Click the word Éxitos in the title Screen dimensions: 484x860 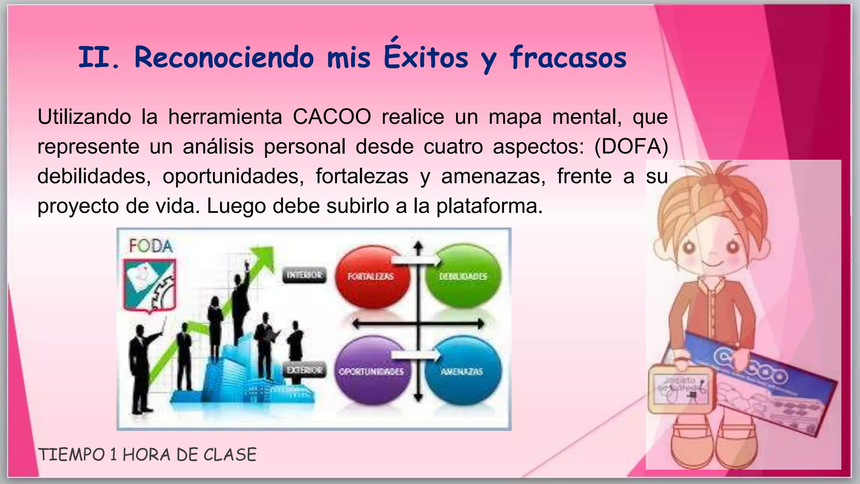(x=425, y=57)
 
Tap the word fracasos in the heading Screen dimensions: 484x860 (x=568, y=58)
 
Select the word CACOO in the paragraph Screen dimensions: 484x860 (x=332, y=116)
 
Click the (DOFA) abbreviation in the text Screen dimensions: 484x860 (x=631, y=146)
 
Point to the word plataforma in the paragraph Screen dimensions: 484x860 (x=489, y=206)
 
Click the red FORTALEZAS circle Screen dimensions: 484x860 (x=371, y=276)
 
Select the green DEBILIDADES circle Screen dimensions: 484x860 (x=463, y=276)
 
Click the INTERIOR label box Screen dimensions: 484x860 (x=304, y=275)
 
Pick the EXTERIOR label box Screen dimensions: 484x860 (x=304, y=370)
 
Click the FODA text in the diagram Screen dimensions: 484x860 (x=151, y=246)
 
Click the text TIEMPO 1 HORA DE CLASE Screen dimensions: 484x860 (x=147, y=455)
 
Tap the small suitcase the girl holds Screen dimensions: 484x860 (x=681, y=389)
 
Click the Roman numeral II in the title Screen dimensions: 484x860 (x=94, y=57)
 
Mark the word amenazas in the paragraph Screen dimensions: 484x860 (x=493, y=176)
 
